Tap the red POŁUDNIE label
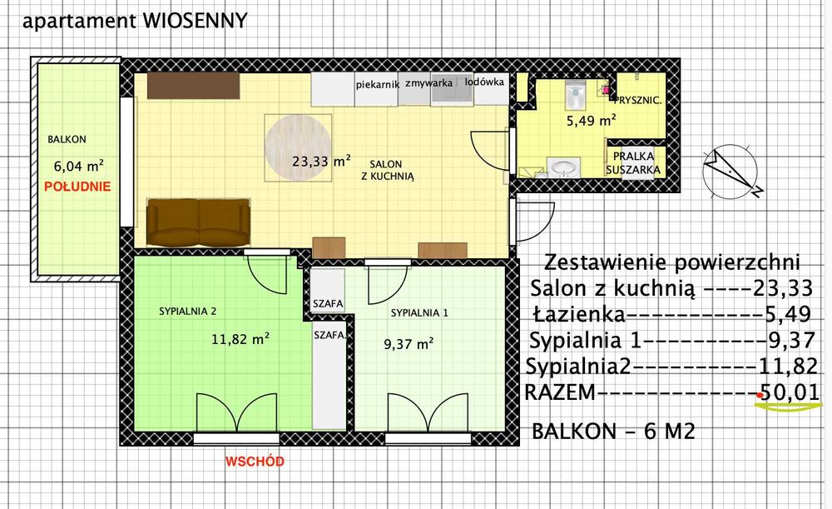tap(77, 187)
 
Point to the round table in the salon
tap(300, 147)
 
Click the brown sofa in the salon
tap(198, 222)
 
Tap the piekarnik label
tap(377, 84)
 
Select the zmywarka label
tap(428, 84)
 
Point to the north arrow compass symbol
tap(730, 170)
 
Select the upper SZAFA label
tap(328, 304)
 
